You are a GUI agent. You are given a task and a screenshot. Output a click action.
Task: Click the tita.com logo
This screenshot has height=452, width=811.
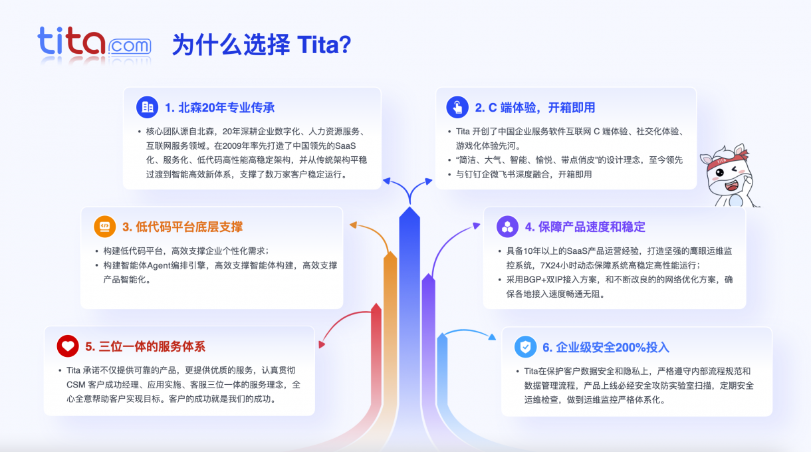coord(94,44)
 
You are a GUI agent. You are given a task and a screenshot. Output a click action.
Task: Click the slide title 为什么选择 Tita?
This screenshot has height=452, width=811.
coord(261,45)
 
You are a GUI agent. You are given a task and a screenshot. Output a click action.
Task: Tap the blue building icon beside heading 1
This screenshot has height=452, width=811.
coord(148,107)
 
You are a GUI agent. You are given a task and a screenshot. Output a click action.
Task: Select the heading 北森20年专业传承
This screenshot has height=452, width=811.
coord(220,108)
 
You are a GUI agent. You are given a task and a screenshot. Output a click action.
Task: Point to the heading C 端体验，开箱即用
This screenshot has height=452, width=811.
coord(535,108)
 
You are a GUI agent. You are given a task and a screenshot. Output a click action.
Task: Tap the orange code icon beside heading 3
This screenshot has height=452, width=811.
coord(104,227)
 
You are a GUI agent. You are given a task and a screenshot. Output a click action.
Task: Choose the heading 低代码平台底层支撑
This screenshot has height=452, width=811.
coord(182,227)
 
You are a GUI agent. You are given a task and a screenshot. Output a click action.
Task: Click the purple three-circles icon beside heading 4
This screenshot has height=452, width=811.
coord(507,227)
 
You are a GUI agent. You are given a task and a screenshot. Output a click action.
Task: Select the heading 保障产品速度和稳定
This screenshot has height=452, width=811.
coord(585,227)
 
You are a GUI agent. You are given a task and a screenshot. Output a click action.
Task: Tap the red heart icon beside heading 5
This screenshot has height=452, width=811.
coord(67,346)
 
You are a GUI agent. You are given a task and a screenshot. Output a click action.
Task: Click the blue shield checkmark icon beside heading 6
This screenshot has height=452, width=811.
coord(526,347)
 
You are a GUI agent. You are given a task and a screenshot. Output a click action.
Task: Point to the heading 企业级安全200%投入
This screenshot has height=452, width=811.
coord(606,348)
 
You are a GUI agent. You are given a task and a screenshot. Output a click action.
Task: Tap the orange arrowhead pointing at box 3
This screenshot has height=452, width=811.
coord(353,226)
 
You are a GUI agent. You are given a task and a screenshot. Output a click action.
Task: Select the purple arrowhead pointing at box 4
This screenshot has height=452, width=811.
coord(475,226)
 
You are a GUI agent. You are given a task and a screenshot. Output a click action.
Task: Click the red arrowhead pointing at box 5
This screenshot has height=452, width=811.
coord(322,344)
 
